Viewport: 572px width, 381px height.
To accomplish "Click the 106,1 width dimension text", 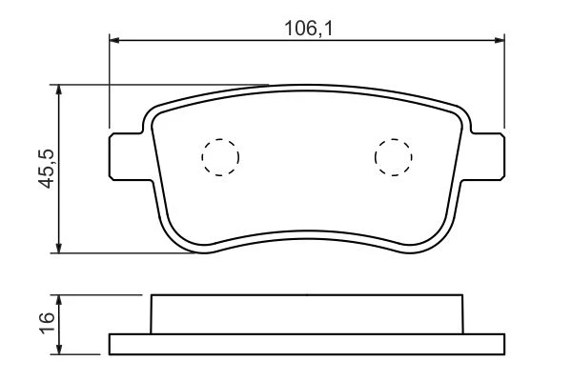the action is [309, 29].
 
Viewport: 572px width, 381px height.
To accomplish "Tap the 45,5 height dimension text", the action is [47, 169].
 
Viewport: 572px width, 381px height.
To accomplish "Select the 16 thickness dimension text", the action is [47, 324].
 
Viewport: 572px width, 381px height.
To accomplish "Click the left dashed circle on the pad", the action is [220, 157].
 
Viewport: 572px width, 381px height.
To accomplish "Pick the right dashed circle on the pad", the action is [393, 157].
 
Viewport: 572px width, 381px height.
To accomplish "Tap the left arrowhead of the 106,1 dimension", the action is [114, 40].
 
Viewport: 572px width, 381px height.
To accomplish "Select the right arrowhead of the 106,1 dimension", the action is [500, 40].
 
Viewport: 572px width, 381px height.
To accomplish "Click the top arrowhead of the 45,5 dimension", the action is [58, 90].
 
